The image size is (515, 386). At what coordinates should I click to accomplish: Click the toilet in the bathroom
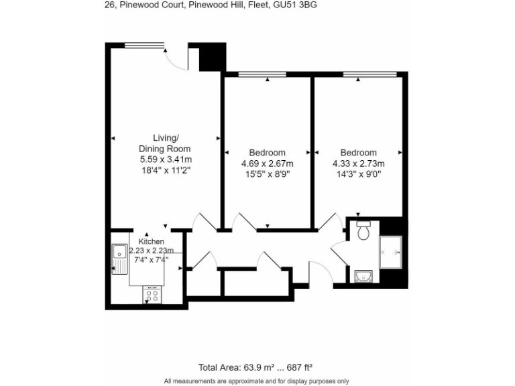[364, 232]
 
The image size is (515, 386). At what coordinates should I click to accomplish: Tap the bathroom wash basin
[363, 275]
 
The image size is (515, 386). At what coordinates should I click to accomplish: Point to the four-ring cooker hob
[152, 295]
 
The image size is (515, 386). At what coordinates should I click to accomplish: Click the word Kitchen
[151, 241]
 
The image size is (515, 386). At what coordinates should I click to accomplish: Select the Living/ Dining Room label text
[164, 143]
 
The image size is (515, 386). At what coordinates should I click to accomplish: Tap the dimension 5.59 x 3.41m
[166, 159]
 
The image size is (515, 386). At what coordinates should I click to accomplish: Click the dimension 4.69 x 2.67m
[267, 164]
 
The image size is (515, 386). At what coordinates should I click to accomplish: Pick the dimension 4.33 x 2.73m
[358, 164]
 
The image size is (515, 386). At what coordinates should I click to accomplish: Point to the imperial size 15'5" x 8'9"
[267, 174]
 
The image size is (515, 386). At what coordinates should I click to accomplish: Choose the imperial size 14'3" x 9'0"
[358, 174]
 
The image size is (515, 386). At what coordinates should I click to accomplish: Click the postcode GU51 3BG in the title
[296, 5]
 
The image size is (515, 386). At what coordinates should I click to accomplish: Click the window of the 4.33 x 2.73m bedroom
[360, 74]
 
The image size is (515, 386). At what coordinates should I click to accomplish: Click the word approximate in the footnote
[243, 381]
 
